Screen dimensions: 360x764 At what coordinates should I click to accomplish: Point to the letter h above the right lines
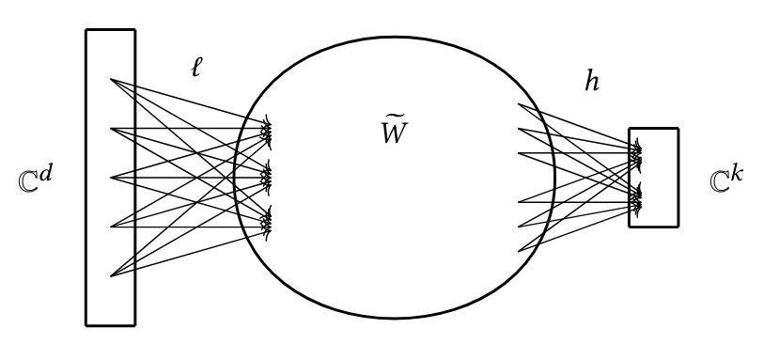pyautogui.click(x=591, y=83)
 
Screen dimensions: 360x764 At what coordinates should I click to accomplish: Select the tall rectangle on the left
pyautogui.click(x=110, y=177)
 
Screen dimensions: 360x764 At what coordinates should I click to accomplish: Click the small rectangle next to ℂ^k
pyautogui.click(x=653, y=177)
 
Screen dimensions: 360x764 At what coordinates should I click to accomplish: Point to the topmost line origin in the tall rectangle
pyautogui.click(x=112, y=79)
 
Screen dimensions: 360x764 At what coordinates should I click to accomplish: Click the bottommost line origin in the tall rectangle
pyautogui.click(x=112, y=276)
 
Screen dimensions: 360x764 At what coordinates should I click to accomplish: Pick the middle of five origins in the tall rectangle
pyautogui.click(x=112, y=177)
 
